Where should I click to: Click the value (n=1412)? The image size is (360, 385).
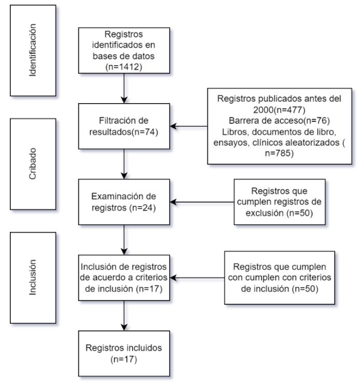tap(124, 67)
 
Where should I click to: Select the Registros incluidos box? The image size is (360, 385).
tap(124, 352)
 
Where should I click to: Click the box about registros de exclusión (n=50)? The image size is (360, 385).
tap(280, 202)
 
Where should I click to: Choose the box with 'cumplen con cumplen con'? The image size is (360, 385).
tap(280, 277)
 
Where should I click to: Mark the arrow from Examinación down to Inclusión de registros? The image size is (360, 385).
tap(124, 239)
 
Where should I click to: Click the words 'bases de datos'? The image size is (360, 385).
tap(124, 55)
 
